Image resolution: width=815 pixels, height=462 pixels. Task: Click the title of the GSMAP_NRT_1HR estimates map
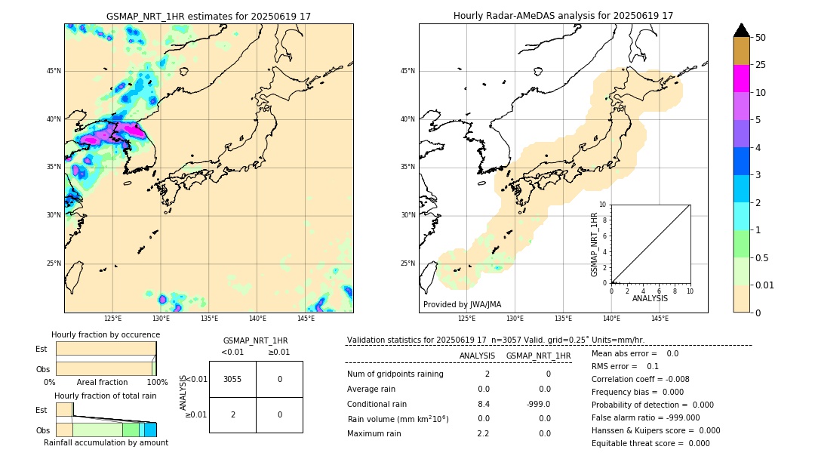(x=208, y=16)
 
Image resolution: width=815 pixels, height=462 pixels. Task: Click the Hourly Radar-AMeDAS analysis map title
(x=563, y=16)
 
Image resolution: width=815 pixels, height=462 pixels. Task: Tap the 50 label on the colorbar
(x=761, y=37)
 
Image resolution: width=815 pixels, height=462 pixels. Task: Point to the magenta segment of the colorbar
(x=741, y=79)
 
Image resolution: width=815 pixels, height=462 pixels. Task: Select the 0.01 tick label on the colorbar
(x=764, y=285)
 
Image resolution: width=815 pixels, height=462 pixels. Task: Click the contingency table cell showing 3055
(x=232, y=379)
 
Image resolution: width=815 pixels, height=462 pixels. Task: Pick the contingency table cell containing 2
(x=232, y=414)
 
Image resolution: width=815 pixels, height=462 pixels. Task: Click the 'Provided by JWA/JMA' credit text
(x=462, y=304)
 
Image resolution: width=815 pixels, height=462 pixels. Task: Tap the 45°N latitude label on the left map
(x=54, y=71)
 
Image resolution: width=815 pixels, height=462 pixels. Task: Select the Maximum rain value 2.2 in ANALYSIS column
(x=483, y=433)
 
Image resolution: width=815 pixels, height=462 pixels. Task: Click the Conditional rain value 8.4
(x=483, y=404)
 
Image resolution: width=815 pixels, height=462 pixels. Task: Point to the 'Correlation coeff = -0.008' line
(x=640, y=379)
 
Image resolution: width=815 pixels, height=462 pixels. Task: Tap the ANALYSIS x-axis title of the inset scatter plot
(x=650, y=298)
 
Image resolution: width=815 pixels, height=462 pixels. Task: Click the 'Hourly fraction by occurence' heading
(x=106, y=334)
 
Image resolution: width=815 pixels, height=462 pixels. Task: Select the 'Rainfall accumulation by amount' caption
(x=106, y=442)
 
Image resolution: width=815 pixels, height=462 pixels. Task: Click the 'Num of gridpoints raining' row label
(x=395, y=374)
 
